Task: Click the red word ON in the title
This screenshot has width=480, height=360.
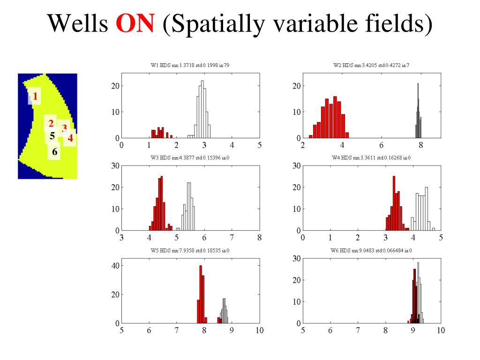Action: [135, 22]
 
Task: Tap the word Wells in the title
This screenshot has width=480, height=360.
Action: [78, 22]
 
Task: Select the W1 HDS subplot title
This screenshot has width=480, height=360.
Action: [190, 65]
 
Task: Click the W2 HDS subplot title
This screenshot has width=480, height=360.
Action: [371, 65]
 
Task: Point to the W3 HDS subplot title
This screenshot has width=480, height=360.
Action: [190, 157]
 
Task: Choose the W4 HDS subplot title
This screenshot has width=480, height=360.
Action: [371, 157]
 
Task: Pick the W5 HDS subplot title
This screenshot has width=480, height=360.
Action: [190, 250]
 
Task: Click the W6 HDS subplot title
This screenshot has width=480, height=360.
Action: [371, 250]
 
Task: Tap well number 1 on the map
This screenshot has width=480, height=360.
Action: [35, 97]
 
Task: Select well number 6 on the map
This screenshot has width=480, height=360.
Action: [55, 151]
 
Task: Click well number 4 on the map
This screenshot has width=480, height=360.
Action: [70, 138]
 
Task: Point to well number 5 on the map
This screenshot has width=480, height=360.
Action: [52, 135]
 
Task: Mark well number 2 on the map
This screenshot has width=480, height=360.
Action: [51, 124]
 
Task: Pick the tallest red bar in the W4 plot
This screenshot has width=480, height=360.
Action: [394, 203]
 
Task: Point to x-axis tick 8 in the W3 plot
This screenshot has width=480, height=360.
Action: [259, 238]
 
